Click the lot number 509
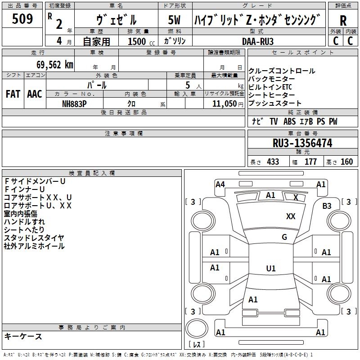coord(22,18)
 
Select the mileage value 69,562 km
coord(55,65)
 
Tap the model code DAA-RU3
coord(257,41)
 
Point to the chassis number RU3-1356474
coord(302,143)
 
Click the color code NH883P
coord(74,104)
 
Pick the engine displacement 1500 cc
coord(141,41)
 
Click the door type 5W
coord(174,20)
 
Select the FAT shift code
coord(13,94)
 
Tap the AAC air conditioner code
coord(35,94)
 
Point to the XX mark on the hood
coord(291,216)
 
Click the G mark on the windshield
coord(284,237)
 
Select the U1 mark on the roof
coord(271,268)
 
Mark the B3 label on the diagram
coord(327,206)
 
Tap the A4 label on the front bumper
coord(220,184)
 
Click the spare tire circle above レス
coord(197,328)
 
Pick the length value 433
coord(273,162)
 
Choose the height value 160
coord(346,162)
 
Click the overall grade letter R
coord(343,21)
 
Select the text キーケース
coord(23,336)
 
